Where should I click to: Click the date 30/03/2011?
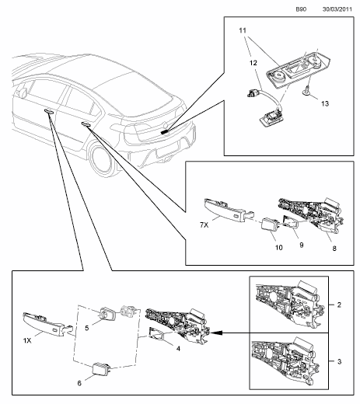[335, 9]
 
